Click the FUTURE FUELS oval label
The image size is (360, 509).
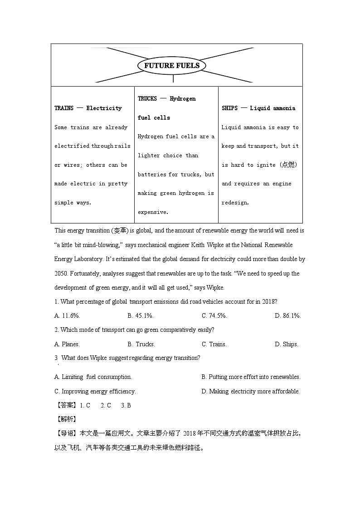point(172,66)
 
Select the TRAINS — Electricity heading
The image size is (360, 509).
point(88,108)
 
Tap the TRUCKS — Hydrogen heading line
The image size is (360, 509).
point(166,99)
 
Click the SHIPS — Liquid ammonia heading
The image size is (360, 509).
point(258,108)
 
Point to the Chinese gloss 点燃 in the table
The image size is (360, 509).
point(288,165)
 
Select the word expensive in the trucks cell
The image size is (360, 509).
point(153,212)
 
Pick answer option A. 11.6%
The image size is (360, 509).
point(67,315)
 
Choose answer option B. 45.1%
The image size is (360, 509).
point(141,315)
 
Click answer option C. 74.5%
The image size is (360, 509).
point(214,315)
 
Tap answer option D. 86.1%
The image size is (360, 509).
point(287,315)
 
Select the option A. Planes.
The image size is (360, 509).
point(67,344)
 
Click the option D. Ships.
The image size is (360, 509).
point(286,344)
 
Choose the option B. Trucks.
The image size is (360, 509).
point(141,344)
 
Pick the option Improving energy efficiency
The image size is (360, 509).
point(95,391)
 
